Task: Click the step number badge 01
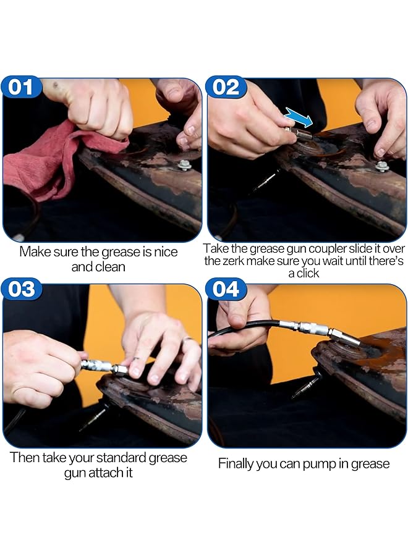[x=21, y=87]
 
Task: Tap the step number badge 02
[x=226, y=87]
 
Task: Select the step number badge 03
[x=21, y=289]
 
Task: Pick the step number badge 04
[x=226, y=289]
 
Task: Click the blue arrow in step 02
[x=299, y=117]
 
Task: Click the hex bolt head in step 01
[x=185, y=164]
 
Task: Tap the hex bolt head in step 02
[x=382, y=165]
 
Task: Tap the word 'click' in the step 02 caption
[x=308, y=274]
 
